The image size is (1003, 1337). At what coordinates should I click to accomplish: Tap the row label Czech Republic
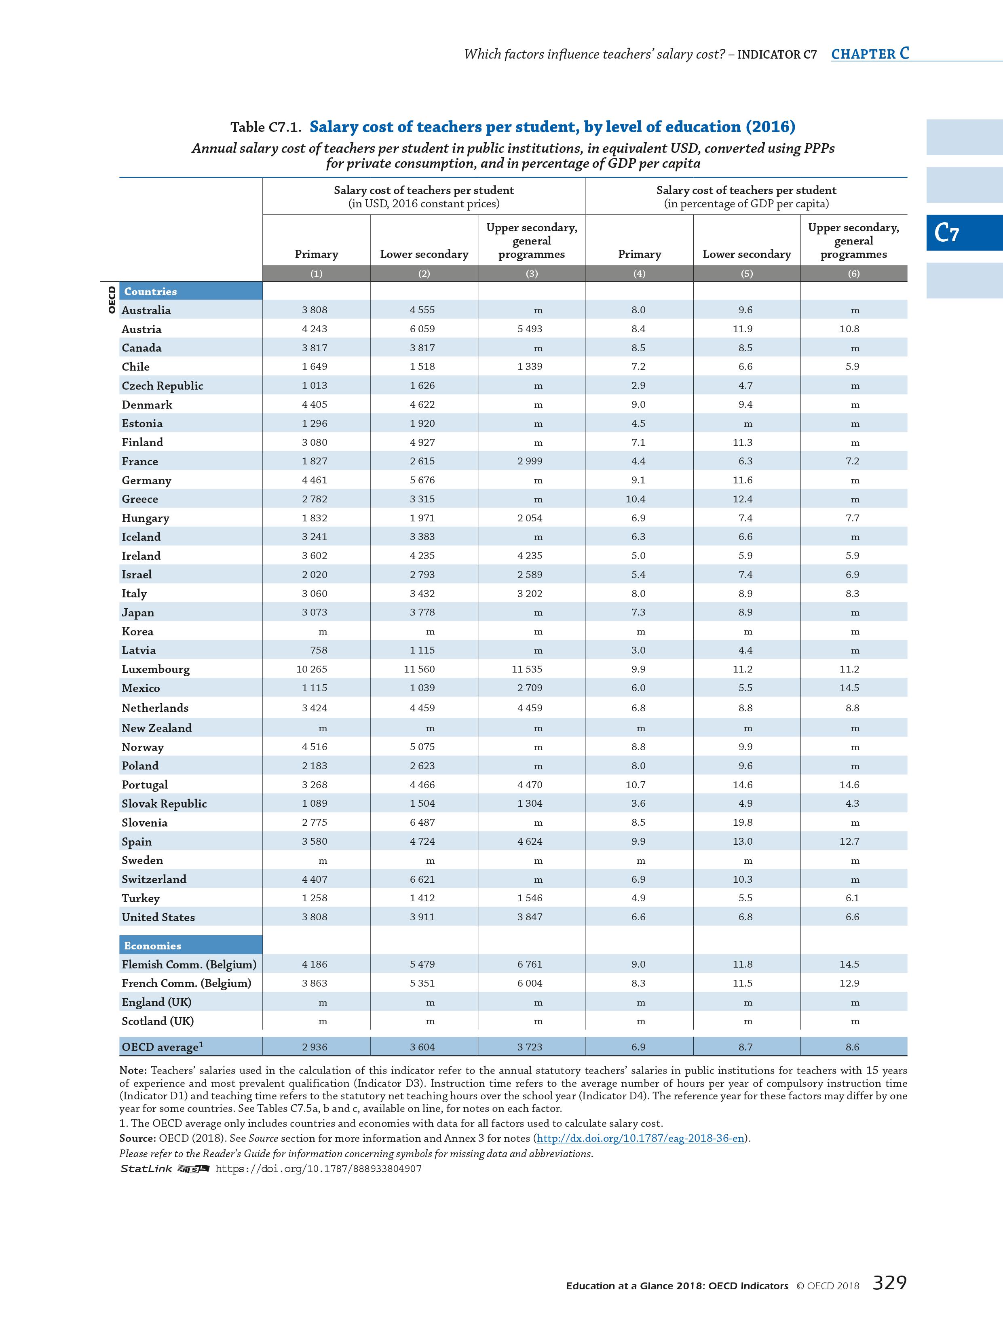162,386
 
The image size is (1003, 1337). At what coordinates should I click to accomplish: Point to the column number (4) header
639,273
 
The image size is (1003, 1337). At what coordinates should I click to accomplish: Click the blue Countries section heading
150,291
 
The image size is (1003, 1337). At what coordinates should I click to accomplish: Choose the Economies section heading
152,945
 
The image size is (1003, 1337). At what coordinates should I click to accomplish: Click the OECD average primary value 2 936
315,1047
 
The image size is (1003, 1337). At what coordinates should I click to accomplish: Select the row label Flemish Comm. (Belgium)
189,964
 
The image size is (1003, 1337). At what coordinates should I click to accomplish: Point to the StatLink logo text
146,1169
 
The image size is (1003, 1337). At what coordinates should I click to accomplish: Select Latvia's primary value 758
318,650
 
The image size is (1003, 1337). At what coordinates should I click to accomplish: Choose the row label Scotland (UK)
158,1021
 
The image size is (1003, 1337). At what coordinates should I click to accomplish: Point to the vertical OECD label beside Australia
111,300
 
